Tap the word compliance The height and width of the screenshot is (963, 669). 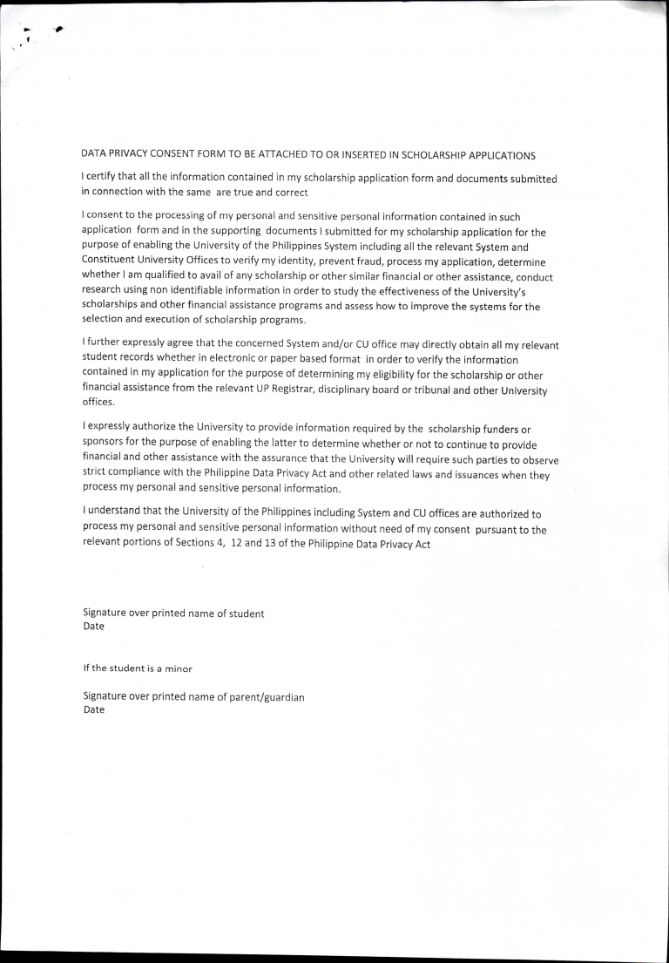[134, 474]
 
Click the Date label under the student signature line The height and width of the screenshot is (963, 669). [93, 627]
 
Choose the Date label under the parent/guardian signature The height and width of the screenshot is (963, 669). [93, 710]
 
